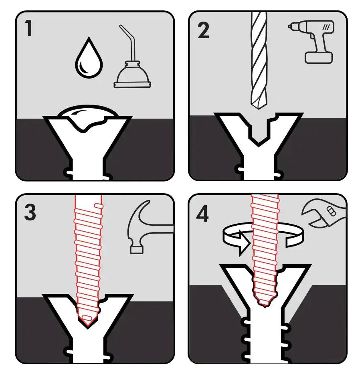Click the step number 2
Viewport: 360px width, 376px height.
click(x=203, y=30)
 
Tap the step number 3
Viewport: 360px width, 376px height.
click(x=30, y=212)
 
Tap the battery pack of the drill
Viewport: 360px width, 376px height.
click(x=319, y=57)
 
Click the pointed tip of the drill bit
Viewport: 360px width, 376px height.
click(x=258, y=105)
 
